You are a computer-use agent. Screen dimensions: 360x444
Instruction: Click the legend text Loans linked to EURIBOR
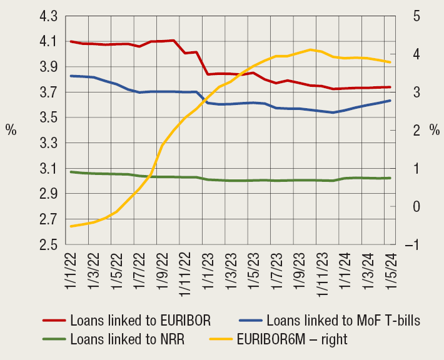140,321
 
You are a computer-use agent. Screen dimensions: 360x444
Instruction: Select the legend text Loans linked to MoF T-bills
343,321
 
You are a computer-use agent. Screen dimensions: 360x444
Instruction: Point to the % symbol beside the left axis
11,130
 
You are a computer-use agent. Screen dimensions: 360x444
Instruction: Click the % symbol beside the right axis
435,130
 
